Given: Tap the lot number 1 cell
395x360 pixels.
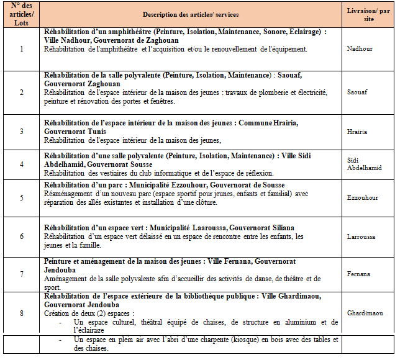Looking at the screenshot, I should tap(22, 48).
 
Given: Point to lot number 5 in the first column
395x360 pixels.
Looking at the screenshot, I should tap(22, 198).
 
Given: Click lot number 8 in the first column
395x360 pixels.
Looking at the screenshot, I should tap(22, 313).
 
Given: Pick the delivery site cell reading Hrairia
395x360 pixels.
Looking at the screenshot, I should tap(357, 132).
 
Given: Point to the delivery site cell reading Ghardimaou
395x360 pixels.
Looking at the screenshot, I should tap(365, 313).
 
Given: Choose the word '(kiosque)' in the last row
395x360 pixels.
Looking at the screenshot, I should tap(224, 340).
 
